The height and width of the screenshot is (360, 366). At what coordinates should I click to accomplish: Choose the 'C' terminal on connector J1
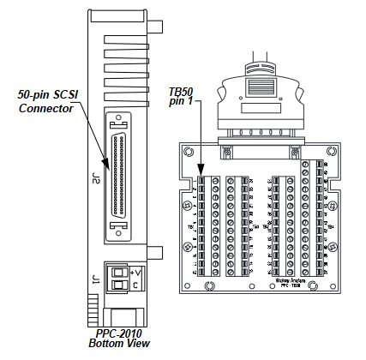(x=135, y=285)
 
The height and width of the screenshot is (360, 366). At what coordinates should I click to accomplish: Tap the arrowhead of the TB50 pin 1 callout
(x=201, y=176)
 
